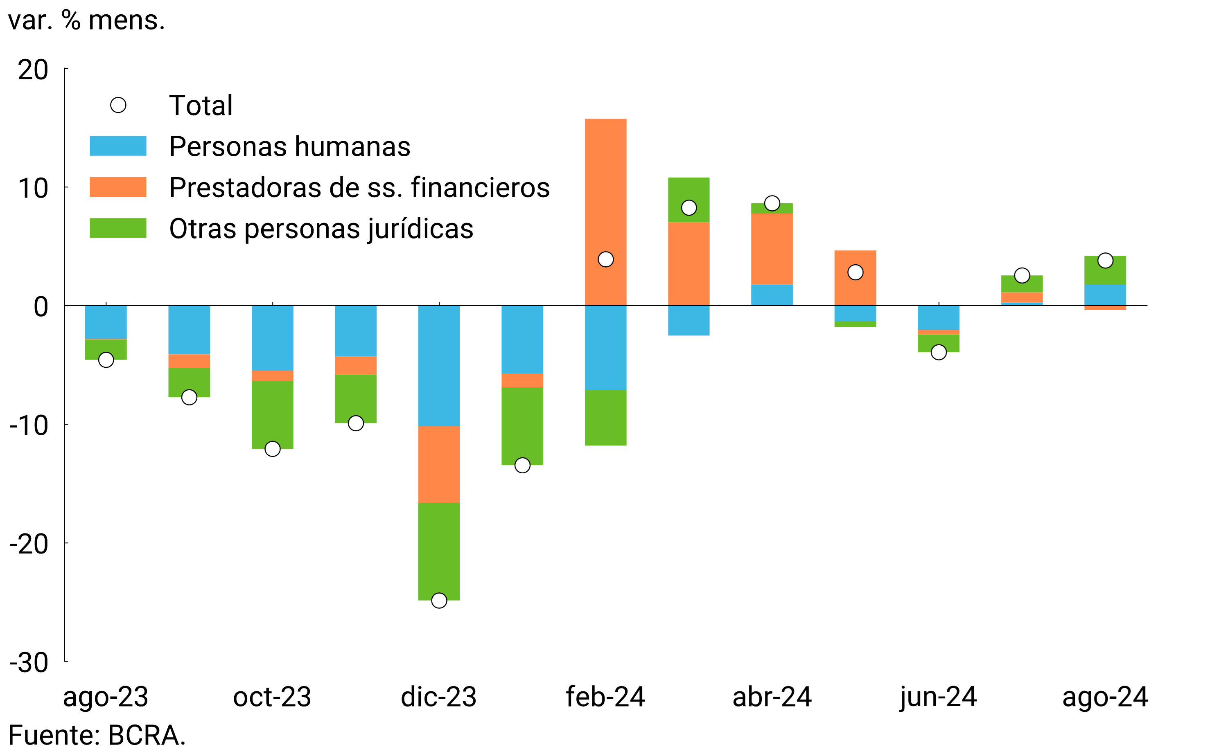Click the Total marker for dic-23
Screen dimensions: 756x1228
point(439,600)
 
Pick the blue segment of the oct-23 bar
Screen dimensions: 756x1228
point(272,337)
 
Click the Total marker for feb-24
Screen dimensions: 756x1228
point(605,259)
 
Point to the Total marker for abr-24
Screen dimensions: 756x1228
point(772,203)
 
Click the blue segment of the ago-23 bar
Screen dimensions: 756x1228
point(106,322)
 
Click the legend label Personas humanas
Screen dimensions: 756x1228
point(290,146)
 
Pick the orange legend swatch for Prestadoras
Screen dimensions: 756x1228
point(118,187)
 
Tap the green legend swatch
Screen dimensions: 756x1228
point(118,228)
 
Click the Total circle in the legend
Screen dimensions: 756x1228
point(118,105)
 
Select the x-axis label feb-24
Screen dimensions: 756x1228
point(605,697)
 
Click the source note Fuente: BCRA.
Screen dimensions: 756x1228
point(97,735)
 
